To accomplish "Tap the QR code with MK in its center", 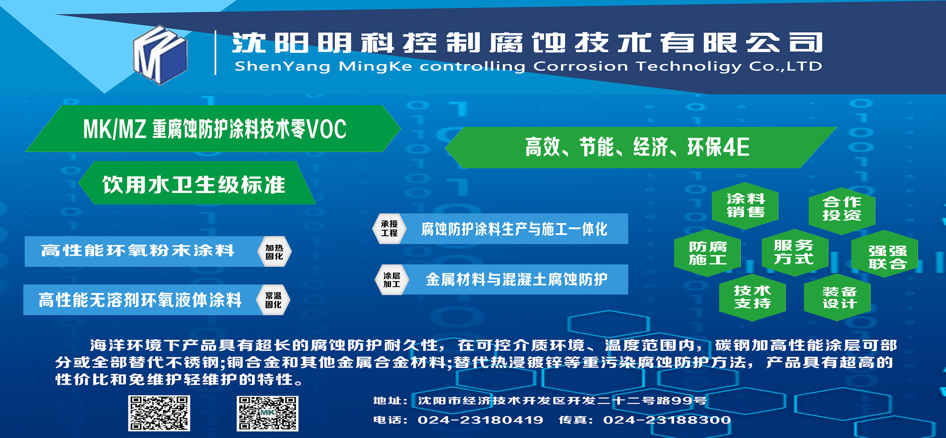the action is pyautogui.click(x=267, y=413).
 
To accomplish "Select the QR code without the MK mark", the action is pyautogui.click(x=159, y=413).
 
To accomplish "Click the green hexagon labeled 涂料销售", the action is pyautogui.click(x=745, y=206).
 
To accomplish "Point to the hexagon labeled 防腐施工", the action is pyautogui.click(x=707, y=253).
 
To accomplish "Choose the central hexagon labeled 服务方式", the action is pyautogui.click(x=795, y=252).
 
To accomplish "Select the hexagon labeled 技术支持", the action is pyautogui.click(x=752, y=297).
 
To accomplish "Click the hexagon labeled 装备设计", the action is pyautogui.click(x=837, y=297).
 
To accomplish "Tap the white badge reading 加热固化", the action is pyautogui.click(x=274, y=252).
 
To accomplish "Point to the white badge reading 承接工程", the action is pyautogui.click(x=389, y=228).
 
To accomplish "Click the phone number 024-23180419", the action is pyautogui.click(x=480, y=420).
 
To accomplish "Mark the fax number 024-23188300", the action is pyautogui.click(x=667, y=420).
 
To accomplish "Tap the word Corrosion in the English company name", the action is pyautogui.click(x=581, y=66).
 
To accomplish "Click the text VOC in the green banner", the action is pyautogui.click(x=326, y=129).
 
